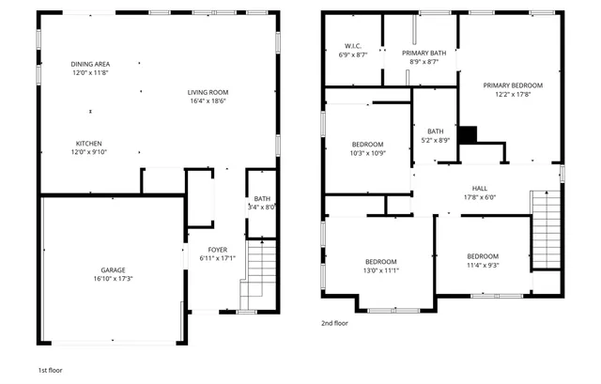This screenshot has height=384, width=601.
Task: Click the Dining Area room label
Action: pos(90,64)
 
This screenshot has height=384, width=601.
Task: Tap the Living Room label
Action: pos(208,92)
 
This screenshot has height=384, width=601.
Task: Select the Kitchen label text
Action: pos(89,144)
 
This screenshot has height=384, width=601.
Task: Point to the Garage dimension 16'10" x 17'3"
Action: pos(116,279)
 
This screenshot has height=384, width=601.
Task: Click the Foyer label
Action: pos(218,250)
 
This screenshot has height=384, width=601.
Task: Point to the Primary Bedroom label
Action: pos(513,85)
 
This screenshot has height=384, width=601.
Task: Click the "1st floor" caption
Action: pos(50,370)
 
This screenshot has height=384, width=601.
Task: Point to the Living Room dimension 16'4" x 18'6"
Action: pos(208,100)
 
